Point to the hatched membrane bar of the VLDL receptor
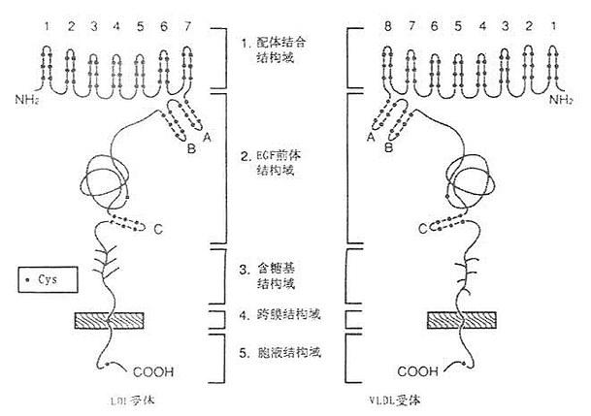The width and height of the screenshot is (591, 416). [462, 319]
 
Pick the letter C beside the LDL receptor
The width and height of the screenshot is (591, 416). [158, 229]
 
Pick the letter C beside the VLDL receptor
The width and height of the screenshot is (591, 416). [423, 229]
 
